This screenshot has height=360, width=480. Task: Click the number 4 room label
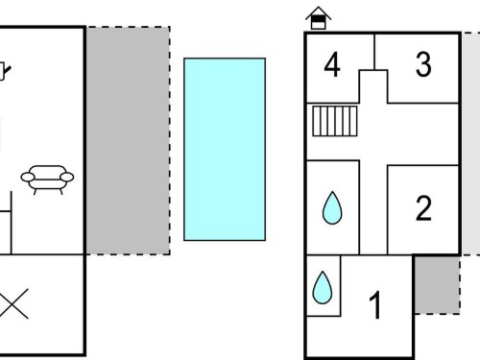click(332, 65)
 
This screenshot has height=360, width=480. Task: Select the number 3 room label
click(423, 64)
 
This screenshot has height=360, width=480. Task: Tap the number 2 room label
click(423, 208)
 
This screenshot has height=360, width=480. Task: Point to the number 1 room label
click(375, 305)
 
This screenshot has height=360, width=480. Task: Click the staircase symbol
click(335, 121)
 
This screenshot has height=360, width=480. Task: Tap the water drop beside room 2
click(332, 208)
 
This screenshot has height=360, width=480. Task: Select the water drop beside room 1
click(323, 288)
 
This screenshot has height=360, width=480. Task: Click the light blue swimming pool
click(225, 149)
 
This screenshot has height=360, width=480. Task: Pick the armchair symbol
click(47, 180)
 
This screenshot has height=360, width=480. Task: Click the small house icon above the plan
click(319, 18)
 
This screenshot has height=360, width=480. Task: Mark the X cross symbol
click(12, 304)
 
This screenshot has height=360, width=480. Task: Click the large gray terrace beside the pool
click(128, 141)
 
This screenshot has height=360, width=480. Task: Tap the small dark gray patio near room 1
click(437, 285)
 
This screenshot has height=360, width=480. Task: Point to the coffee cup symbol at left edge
click(4, 71)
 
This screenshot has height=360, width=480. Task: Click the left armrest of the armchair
click(28, 177)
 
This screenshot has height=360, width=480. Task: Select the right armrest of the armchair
click(67, 177)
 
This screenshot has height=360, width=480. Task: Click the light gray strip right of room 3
click(470, 144)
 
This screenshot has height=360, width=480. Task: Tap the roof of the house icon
click(319, 12)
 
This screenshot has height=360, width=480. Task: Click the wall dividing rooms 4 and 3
click(374, 52)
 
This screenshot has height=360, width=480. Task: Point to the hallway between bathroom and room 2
click(373, 209)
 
